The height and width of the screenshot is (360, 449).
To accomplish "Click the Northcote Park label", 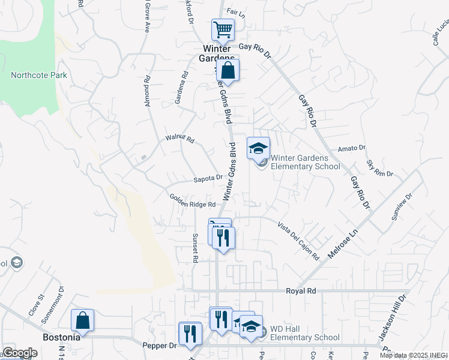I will tap(38, 76).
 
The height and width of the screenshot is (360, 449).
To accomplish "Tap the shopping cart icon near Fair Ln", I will tap(222, 29).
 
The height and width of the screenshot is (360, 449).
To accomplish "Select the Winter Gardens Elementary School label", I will tap(305, 163).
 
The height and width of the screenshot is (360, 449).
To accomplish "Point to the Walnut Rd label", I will tap(180, 139).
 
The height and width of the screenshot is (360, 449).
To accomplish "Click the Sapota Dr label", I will tap(208, 178).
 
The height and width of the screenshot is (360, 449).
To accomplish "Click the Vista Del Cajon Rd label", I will tap(298, 240).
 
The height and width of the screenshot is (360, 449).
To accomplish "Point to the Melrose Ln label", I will tap(343, 239).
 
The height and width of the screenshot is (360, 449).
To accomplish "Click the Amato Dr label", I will tap(352, 148).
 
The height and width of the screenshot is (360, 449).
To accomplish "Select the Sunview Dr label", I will tap(402, 207).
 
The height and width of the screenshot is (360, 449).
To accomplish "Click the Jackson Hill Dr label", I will tap(394, 318).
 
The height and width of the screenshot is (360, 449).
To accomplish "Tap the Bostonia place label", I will tap(62, 337).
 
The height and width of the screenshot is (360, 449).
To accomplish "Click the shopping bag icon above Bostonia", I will tap(83, 320).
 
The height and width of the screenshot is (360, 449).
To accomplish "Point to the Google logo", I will tap(20, 353).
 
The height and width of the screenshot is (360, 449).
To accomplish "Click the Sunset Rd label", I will tap(195, 248).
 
